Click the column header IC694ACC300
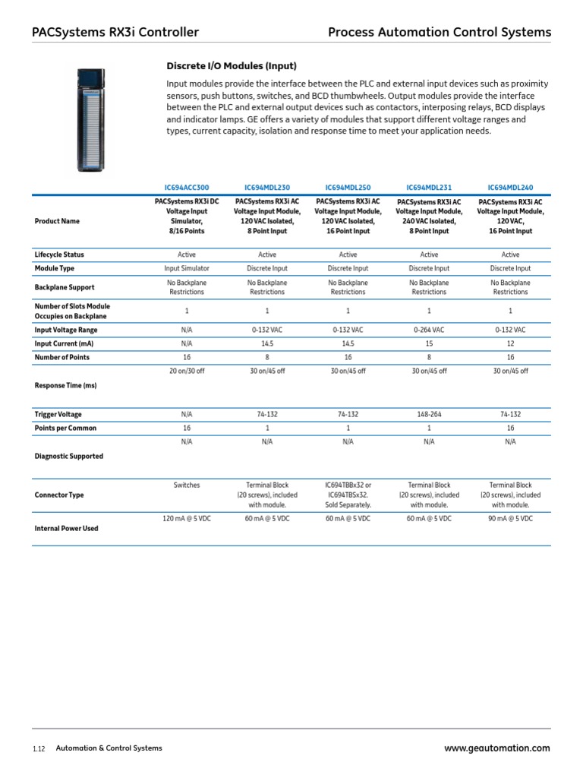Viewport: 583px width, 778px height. point(187,186)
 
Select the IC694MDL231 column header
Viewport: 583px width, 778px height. point(429,186)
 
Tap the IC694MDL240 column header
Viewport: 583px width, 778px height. point(510,186)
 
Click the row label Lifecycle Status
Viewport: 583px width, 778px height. point(59,255)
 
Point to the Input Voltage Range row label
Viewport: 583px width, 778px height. point(66,330)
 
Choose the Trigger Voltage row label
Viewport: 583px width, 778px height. point(58,414)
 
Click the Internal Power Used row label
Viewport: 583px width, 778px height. point(66,528)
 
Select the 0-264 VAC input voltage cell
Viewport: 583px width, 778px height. point(429,330)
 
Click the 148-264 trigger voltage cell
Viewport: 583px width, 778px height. point(429,414)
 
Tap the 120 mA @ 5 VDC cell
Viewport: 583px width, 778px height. point(187,518)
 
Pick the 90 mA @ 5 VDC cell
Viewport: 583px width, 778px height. point(510,518)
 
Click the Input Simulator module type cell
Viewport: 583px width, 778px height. point(187,268)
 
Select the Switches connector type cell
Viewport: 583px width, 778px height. point(187,485)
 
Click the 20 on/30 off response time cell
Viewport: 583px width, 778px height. point(187,371)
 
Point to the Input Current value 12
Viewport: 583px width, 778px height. point(510,343)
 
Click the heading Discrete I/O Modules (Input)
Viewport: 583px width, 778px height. point(232,66)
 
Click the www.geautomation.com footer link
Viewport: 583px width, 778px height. point(496,748)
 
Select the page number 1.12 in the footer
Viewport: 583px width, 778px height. point(39,749)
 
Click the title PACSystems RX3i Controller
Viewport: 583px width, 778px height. point(115,32)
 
